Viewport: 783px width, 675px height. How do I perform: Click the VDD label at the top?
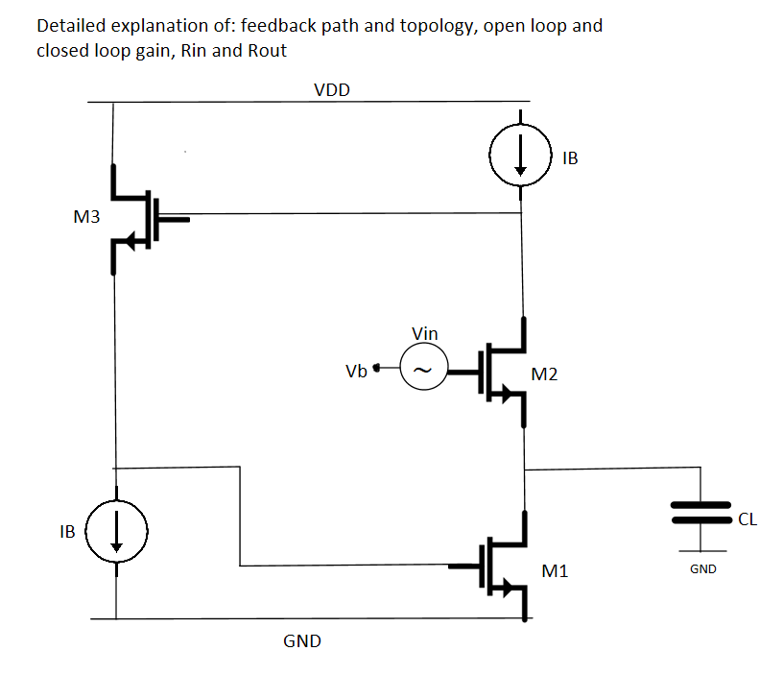(332, 90)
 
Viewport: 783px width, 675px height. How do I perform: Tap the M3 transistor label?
(86, 218)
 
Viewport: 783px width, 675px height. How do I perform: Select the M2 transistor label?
(544, 374)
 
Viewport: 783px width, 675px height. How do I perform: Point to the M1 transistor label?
(555, 571)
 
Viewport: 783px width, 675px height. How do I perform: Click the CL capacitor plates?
(701, 514)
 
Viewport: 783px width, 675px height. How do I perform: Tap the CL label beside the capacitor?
(748, 520)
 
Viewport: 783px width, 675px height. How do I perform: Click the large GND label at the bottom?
(302, 640)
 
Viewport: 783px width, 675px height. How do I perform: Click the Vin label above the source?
(424, 333)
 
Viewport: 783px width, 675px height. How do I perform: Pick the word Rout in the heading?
(267, 51)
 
